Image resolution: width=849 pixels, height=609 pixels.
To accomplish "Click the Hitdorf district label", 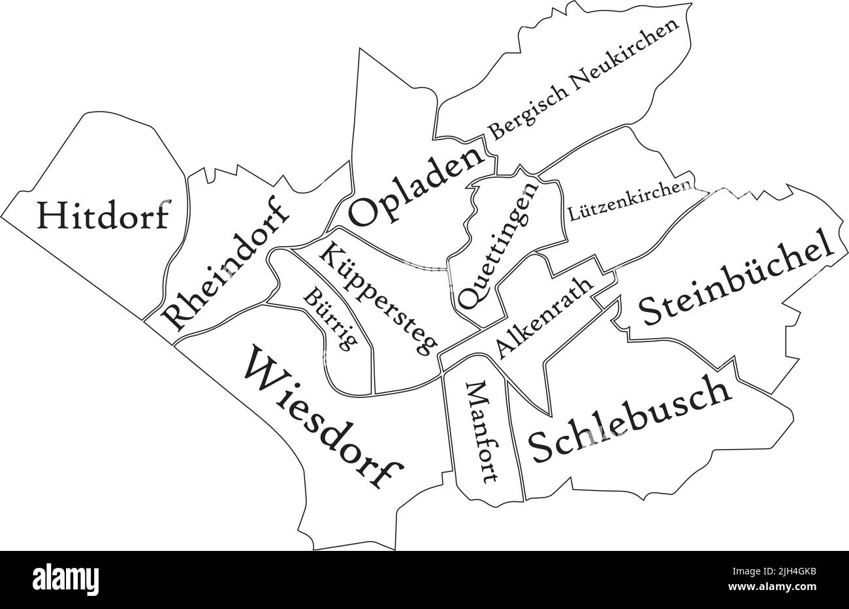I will click(103, 215).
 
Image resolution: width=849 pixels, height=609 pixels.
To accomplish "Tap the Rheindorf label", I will click(225, 264).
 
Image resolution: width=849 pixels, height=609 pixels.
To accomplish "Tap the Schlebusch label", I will click(629, 419).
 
